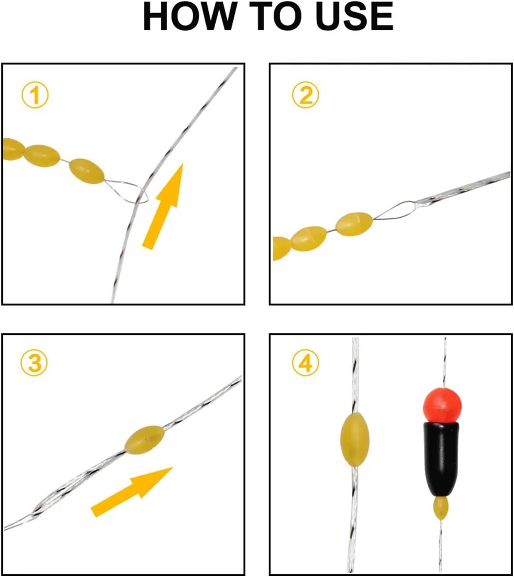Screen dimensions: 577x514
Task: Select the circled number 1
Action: (x=35, y=95)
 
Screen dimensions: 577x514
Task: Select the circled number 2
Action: (x=305, y=95)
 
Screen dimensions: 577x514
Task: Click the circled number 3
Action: (x=35, y=363)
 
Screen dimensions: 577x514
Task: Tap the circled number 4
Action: (x=305, y=363)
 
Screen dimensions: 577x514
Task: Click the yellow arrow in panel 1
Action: (x=164, y=204)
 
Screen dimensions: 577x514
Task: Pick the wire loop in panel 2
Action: (x=395, y=210)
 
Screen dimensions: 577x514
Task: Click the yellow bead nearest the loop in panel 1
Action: (x=87, y=171)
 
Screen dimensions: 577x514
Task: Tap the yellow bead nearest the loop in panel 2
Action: (x=354, y=223)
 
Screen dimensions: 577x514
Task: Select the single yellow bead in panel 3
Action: (x=144, y=438)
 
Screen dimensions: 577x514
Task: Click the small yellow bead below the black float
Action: (x=441, y=508)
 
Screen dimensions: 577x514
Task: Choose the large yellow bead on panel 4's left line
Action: (x=354, y=440)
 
